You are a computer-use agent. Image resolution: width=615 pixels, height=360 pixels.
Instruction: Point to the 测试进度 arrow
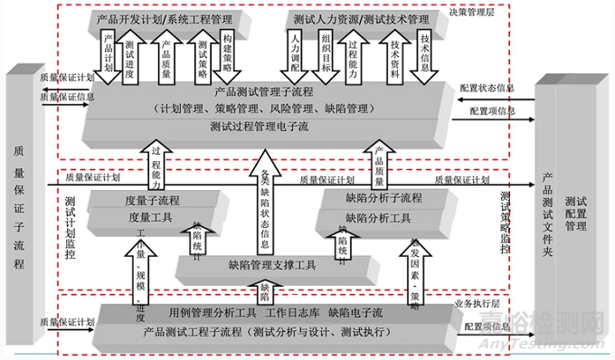point(131,56)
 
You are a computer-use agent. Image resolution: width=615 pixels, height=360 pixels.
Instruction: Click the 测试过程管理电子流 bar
point(266,128)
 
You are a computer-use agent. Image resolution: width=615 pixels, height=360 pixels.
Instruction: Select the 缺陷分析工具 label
point(378,217)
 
